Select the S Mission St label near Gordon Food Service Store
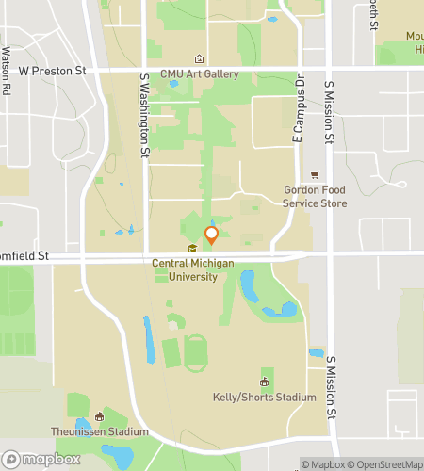330,113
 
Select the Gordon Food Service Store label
315,194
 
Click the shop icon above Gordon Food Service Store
315,174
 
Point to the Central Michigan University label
192,270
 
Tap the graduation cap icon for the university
192,249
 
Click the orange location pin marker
212,235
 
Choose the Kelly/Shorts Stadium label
264,398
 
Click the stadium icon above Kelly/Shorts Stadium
264,382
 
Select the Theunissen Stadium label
100,431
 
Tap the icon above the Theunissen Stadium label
99,415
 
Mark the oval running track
195,353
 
